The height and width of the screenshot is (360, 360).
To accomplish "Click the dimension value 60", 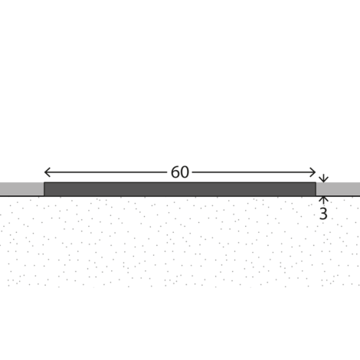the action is pyautogui.click(x=180, y=172).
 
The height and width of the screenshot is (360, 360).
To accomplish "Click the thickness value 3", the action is pyautogui.click(x=323, y=214).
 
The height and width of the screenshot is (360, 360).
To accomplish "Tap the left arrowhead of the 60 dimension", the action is pyautogui.click(x=47, y=172).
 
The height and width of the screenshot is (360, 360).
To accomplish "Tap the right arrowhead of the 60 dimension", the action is pyautogui.click(x=313, y=172).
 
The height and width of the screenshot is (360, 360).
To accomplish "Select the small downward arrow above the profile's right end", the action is pyautogui.click(x=323, y=178).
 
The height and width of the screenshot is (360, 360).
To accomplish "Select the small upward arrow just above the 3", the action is pyautogui.click(x=323, y=200).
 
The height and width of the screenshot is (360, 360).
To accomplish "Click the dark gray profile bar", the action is pyautogui.click(x=180, y=189).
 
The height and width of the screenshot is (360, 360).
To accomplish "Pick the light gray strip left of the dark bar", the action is pyautogui.click(x=21, y=189).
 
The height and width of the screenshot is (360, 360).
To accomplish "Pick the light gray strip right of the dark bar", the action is pyautogui.click(x=338, y=189).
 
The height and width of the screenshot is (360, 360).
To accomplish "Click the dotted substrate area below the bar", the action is pyautogui.click(x=180, y=242).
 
